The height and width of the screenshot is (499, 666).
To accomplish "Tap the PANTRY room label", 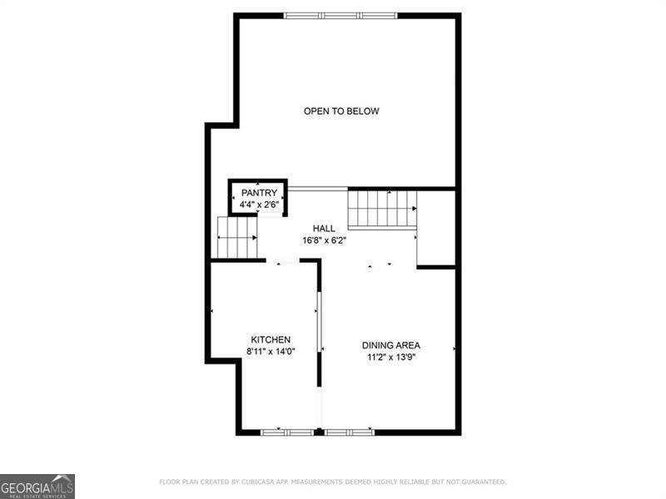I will coord(259,193).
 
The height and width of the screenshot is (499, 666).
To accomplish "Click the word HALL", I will coord(324,229).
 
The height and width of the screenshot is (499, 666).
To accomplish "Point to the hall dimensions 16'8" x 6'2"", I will coord(324,240).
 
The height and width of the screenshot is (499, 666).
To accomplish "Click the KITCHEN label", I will coord(271,339).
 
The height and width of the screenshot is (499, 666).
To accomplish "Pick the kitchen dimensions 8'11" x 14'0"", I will coord(271,351).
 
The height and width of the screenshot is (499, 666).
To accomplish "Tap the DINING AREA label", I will coord(390,345).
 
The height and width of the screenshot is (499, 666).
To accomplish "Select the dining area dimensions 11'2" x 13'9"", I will coord(390,357).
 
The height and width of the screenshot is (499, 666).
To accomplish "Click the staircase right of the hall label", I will coord(381,208).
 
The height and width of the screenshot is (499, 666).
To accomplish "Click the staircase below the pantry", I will coord(237,237).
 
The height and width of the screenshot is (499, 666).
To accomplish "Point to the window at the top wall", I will coord(340,15).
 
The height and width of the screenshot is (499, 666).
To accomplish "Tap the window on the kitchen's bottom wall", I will coord(287,432).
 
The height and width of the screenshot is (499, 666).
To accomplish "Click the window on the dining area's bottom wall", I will coord(349,432).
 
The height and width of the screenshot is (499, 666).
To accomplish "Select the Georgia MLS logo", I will coord(37,486).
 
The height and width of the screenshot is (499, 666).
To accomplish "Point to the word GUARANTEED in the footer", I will coord(479,482).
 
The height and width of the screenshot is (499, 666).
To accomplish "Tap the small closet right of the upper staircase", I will coord(436,228).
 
